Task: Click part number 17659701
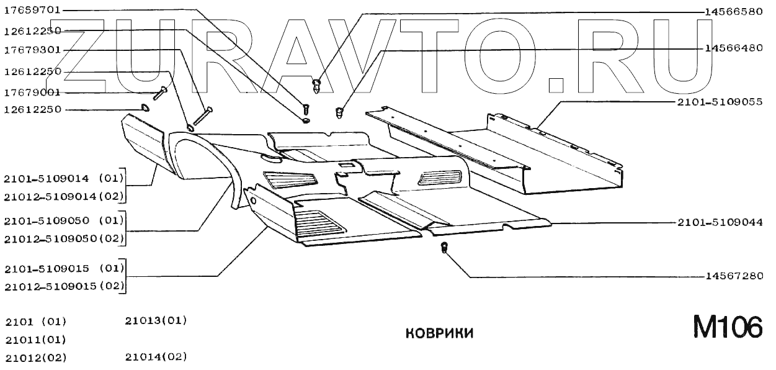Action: pyautogui.click(x=32, y=11)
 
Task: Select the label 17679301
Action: pyautogui.click(x=32, y=50)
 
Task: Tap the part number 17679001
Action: pyautogui.click(x=32, y=92)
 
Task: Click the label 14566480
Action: pyautogui.click(x=734, y=48)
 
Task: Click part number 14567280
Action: pyautogui.click(x=734, y=276)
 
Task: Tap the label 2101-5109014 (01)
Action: pyautogui.click(x=65, y=179)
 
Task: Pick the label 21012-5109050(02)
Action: pyautogui.click(x=65, y=238)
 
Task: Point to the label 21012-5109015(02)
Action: pyautogui.click(x=65, y=287)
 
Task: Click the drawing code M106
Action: pyautogui.click(x=727, y=327)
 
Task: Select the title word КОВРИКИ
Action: pyautogui.click(x=439, y=334)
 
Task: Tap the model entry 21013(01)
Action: pyautogui.click(x=156, y=320)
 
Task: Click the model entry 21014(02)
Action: pyautogui.click(x=156, y=357)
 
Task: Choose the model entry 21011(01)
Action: pyautogui.click(x=35, y=340)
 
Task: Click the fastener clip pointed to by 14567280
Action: pyautogui.click(x=444, y=249)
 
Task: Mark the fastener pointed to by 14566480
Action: pyautogui.click(x=339, y=113)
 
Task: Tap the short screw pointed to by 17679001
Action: pyautogui.click(x=160, y=94)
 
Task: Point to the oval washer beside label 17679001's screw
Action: pyautogui.click(x=145, y=109)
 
